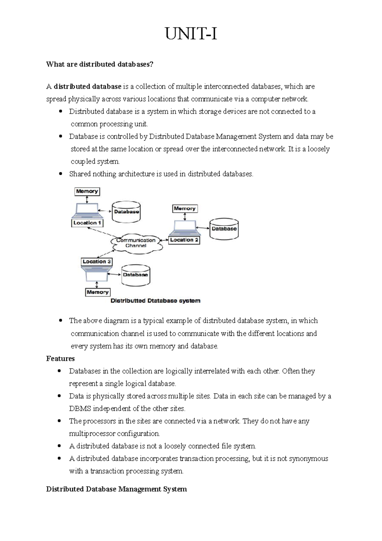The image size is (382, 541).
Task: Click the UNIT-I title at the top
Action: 191,34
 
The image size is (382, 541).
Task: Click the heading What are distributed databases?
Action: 100,64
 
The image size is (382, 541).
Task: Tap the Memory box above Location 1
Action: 87,191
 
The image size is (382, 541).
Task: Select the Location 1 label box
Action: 87,223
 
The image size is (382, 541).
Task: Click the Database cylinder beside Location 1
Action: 126,212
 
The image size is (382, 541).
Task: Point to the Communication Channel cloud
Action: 136,243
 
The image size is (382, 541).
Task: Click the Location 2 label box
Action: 184,240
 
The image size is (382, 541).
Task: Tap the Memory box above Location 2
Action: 185,209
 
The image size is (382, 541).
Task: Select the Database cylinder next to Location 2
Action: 224,228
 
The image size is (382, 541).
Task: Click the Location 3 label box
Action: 96,262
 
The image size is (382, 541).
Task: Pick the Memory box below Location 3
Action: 97,292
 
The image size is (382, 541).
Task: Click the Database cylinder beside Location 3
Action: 136,275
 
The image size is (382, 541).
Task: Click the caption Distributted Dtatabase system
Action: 155,301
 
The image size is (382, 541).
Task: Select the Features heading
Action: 60,359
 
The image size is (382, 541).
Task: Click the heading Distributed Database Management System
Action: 116,489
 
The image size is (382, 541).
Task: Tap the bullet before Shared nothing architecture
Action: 60,174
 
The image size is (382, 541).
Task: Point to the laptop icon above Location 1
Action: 87,211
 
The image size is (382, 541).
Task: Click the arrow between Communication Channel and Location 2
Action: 164,240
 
